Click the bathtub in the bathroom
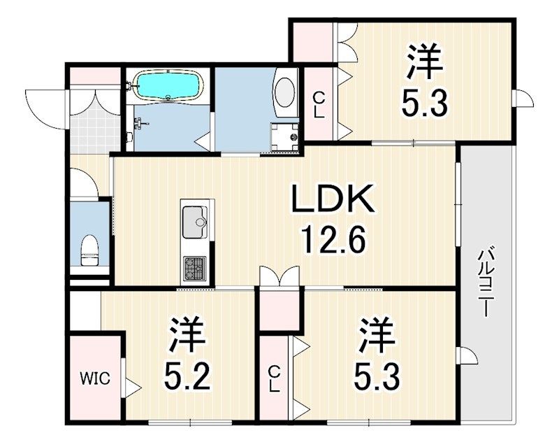coord(167,85)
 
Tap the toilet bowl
coord(89,250)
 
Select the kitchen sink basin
coord(195,222)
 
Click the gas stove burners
coord(195,269)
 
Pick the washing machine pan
coord(284,137)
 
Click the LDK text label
coord(333,199)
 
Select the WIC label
coord(95,378)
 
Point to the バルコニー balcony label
coord(484,283)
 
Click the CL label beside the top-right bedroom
coord(319,105)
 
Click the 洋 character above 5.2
coord(188,334)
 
